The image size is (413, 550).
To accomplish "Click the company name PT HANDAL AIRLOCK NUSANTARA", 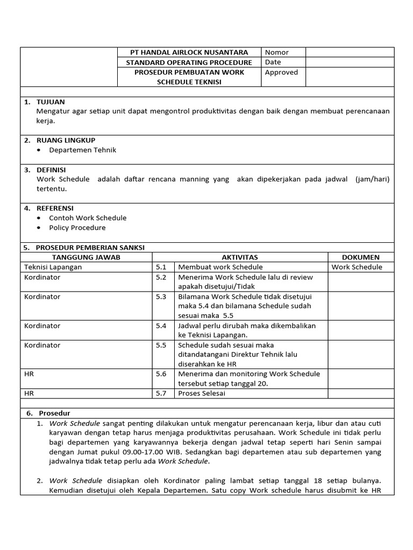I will (x=189, y=52).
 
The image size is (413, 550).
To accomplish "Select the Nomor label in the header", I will (x=276, y=52).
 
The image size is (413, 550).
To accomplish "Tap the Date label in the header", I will (x=273, y=62).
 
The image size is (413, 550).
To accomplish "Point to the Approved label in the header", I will (x=281, y=73).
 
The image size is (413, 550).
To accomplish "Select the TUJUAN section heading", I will (x=51, y=102).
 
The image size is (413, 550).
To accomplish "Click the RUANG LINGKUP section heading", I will (x=66, y=140).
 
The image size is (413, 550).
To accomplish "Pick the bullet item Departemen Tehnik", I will (x=82, y=150).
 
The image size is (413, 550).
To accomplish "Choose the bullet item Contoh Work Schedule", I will (x=88, y=218).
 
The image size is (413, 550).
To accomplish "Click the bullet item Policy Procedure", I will (x=77, y=228).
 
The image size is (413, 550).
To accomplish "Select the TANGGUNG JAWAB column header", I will (x=86, y=257).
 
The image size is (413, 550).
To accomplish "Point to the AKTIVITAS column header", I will (x=240, y=257).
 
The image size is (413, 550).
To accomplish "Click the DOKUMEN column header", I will (x=360, y=257).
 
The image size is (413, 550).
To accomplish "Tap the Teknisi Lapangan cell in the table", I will (x=53, y=267).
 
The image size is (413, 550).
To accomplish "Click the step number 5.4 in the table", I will (x=161, y=325).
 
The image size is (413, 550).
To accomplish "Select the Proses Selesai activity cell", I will (x=202, y=393).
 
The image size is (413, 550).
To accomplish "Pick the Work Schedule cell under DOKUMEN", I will (x=357, y=267).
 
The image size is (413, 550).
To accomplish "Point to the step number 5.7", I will (x=161, y=393).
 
